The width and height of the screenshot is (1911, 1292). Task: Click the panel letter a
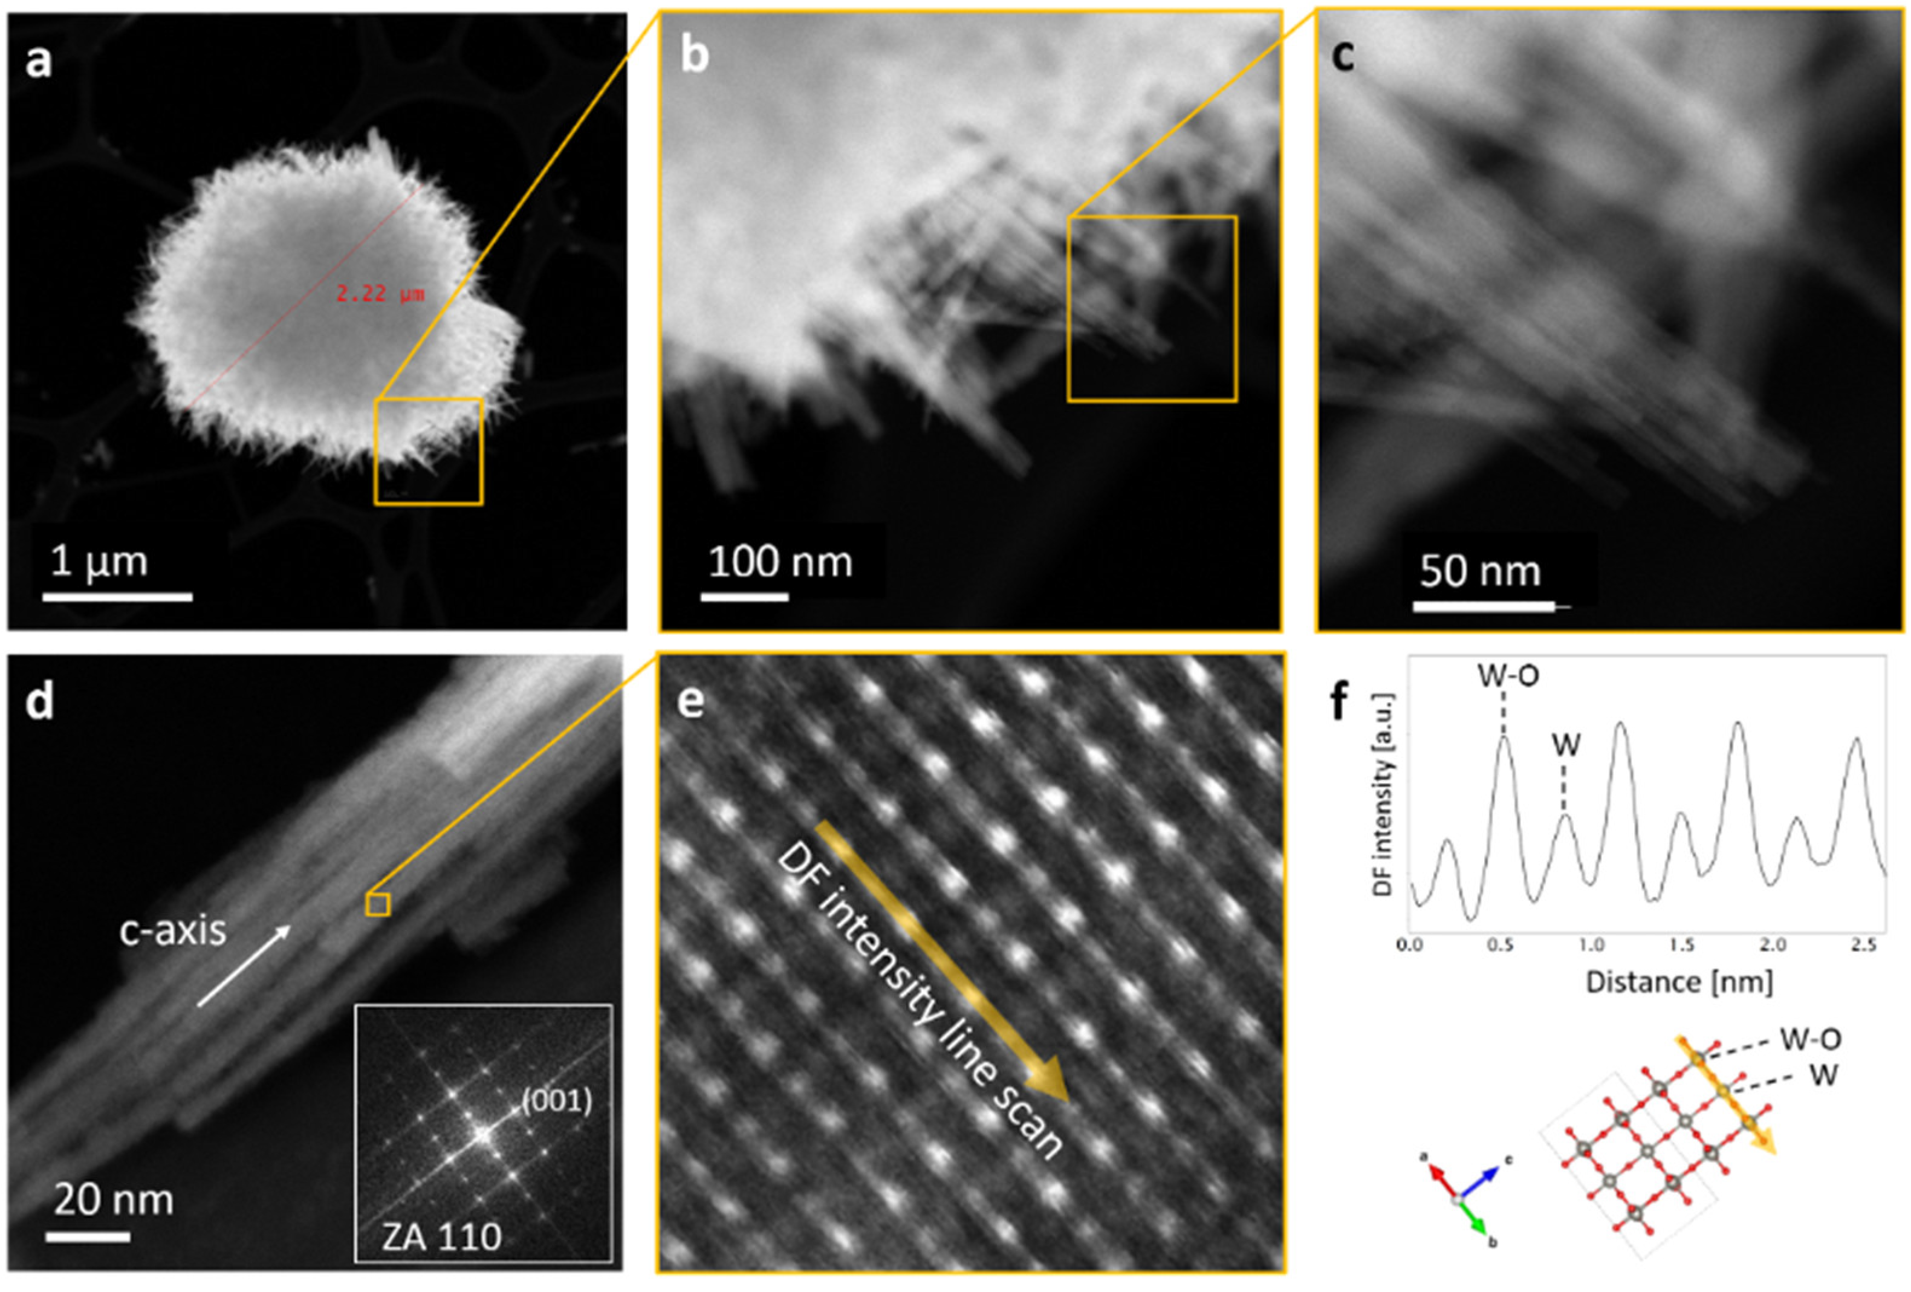[38, 61]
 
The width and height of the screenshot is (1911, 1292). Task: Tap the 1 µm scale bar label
[99, 562]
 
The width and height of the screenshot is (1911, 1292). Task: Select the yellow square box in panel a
[429, 452]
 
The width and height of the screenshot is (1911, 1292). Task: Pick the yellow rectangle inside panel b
[1152, 309]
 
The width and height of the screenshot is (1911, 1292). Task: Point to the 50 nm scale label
[1479, 571]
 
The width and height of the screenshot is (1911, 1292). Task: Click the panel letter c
[1343, 54]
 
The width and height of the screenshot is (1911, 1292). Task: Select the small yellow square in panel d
[377, 904]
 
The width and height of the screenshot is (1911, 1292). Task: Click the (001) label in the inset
[557, 1100]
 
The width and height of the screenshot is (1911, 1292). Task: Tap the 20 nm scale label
[114, 1200]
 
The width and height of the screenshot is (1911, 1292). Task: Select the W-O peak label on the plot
[1508, 675]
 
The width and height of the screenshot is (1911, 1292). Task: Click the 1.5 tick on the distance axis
[1682, 945]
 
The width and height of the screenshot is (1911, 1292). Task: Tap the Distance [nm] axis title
[1678, 982]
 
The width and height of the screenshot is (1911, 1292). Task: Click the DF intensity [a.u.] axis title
[1383, 794]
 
